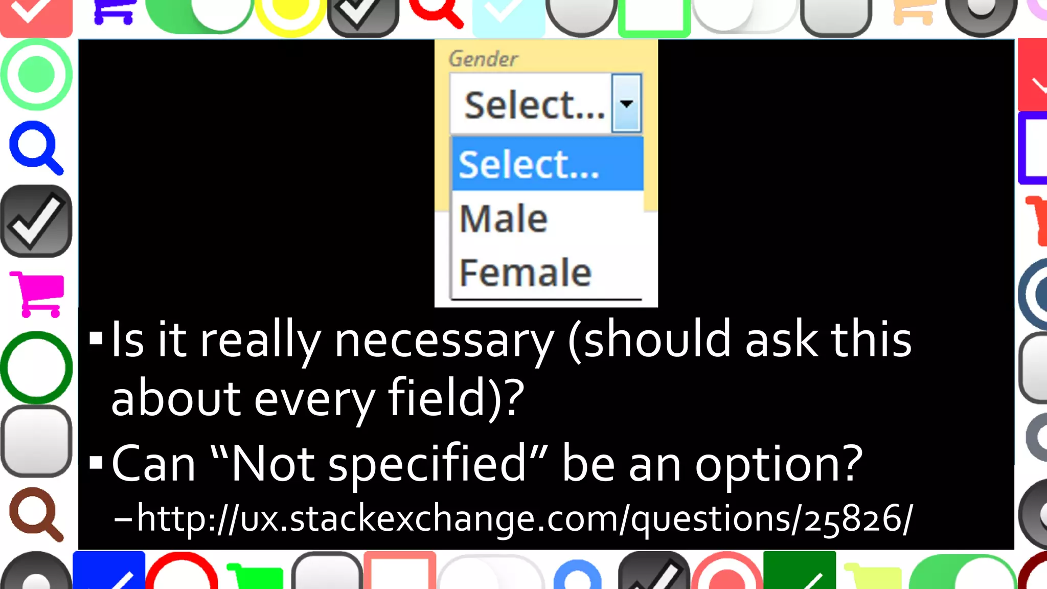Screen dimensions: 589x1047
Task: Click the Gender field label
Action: (483, 59)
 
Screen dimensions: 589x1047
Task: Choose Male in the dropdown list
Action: (504, 219)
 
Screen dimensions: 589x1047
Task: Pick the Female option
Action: (525, 273)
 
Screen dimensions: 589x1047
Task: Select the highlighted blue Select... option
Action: (547, 165)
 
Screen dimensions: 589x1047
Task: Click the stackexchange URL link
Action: (524, 519)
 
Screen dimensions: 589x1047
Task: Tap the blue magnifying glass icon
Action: (36, 147)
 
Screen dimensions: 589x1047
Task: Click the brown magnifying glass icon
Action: (36, 513)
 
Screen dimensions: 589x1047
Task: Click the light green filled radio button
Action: (36, 75)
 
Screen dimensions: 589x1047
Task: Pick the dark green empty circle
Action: (36, 367)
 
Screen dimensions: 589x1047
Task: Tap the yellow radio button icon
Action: (290, 13)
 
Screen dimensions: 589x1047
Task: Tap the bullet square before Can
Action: (96, 463)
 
